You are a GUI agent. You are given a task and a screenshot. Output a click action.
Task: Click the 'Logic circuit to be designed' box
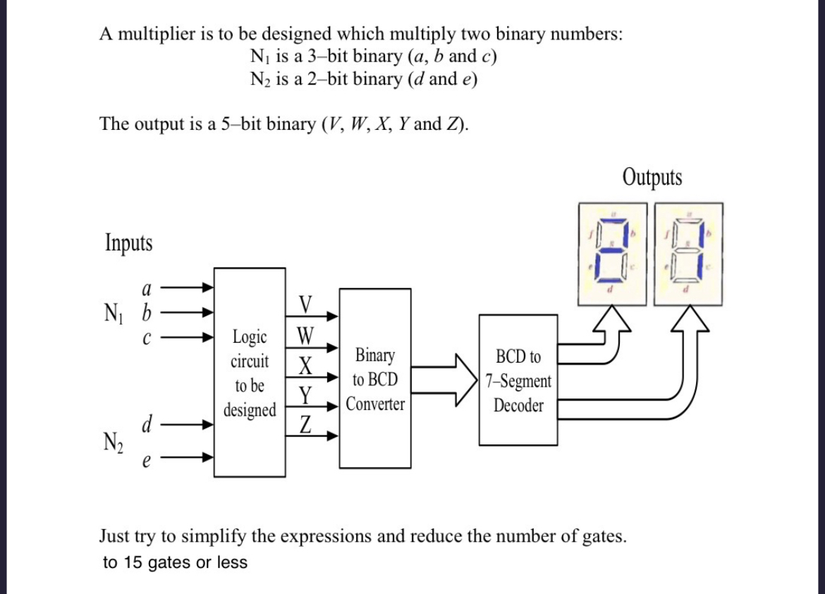pyautogui.click(x=250, y=372)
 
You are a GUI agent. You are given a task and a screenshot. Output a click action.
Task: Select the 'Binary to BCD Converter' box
pyautogui.click(x=374, y=379)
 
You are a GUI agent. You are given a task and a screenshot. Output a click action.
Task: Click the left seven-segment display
pyautogui.click(x=612, y=253)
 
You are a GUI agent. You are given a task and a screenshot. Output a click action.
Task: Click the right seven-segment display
pyautogui.click(x=687, y=253)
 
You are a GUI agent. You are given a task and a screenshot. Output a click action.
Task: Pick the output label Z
pyautogui.click(x=305, y=425)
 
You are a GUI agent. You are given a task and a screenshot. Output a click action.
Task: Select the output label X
pyautogui.click(x=305, y=365)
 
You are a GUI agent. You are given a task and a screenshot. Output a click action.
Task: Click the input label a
pyautogui.click(x=146, y=289)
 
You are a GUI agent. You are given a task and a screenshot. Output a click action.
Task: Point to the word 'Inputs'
pyautogui.click(x=128, y=243)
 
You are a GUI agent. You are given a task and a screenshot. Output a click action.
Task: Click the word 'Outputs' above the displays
pyautogui.click(x=652, y=177)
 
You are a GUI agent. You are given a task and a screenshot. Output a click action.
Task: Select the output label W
pyautogui.click(x=305, y=334)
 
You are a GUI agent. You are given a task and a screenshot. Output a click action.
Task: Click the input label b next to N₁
pyautogui.click(x=147, y=312)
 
